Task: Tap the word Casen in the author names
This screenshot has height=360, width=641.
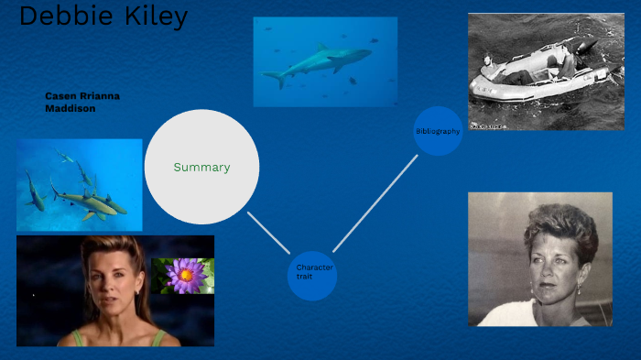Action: (60, 95)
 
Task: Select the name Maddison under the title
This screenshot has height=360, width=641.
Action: (71, 108)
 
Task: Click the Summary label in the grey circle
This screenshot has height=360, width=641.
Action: (201, 168)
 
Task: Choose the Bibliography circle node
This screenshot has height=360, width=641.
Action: (438, 131)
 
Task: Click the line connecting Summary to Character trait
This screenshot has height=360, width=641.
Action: (268, 233)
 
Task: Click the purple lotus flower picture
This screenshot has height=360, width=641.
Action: (183, 276)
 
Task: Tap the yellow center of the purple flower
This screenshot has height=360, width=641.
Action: (187, 273)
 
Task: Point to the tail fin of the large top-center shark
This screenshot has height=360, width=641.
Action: (276, 79)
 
